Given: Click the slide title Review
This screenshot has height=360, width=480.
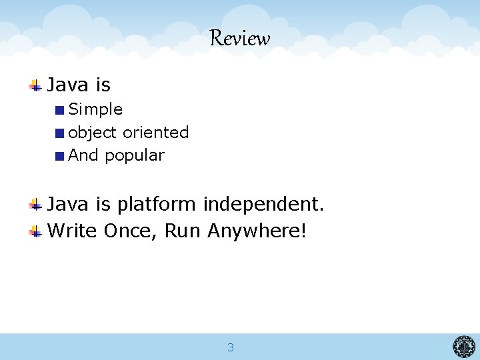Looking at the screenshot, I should coord(240,39).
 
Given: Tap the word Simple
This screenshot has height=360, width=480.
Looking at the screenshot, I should coord(96,109).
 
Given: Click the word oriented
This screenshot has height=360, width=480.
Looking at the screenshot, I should coord(156,133).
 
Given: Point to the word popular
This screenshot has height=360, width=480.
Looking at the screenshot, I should coord(135,155).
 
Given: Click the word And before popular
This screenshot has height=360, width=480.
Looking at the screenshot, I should coord(83,155).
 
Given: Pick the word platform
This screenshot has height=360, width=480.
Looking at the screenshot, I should coord(157,204).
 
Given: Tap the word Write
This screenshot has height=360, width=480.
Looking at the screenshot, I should coord(73,231).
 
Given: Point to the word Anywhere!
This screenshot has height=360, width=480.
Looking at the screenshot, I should coord(257,231).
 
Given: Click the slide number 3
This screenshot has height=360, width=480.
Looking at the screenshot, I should coord(231,347).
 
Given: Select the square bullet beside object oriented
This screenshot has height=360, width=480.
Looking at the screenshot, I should coord(60,133).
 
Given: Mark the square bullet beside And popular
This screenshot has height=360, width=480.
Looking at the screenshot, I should coord(60,156).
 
